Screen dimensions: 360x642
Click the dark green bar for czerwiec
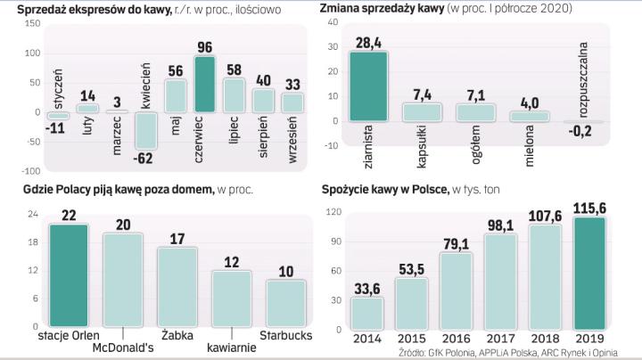(205, 84)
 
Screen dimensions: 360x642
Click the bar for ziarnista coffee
(366, 86)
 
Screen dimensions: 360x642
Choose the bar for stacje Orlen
(69, 275)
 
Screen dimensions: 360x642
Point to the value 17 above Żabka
(177, 239)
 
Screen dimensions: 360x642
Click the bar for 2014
(367, 313)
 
